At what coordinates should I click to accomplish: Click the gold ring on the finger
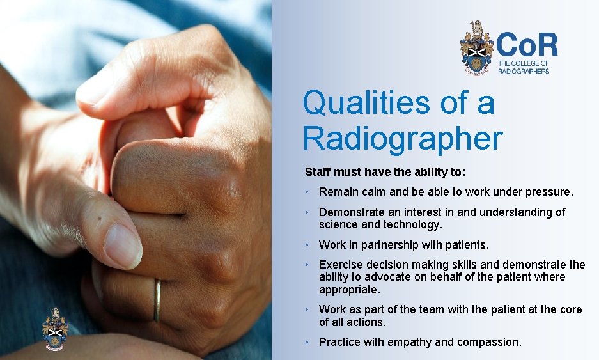coord(157,301)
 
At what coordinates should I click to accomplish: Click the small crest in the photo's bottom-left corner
coord(56,329)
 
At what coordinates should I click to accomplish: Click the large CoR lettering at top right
coord(527,45)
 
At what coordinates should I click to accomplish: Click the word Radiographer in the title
coord(403,137)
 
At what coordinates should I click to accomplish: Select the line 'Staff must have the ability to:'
coord(385,172)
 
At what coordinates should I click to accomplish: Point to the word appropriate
coord(349,290)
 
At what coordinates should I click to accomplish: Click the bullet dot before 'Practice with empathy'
coord(307,342)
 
